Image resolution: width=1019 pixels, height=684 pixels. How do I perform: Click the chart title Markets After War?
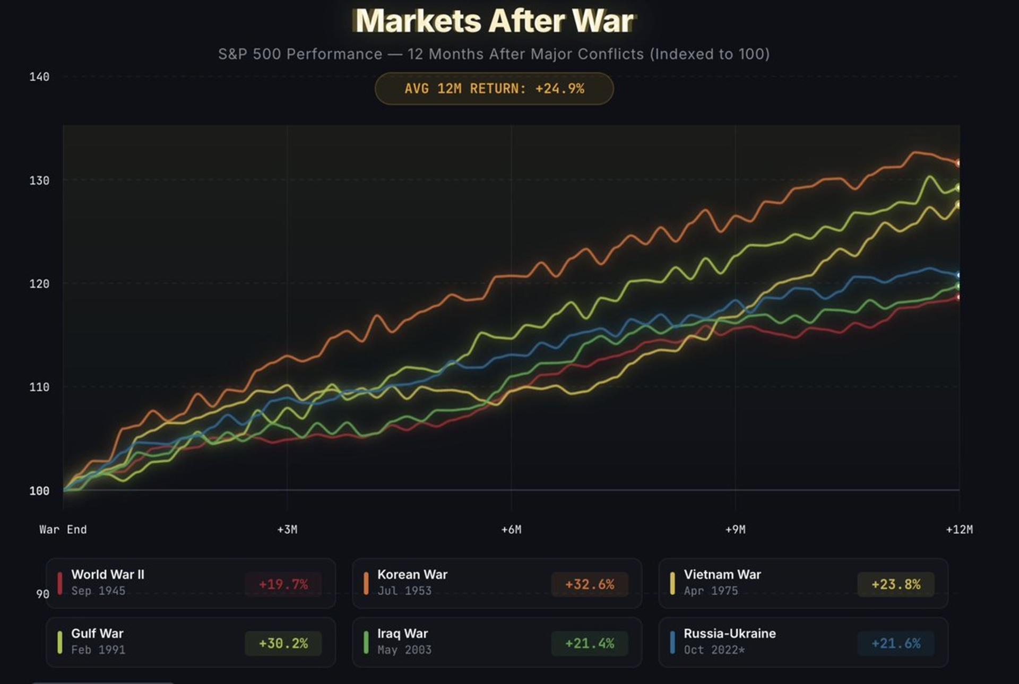(x=494, y=21)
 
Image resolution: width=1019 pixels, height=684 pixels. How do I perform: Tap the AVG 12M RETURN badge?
(x=494, y=89)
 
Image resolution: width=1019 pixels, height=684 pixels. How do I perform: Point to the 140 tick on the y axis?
(x=39, y=77)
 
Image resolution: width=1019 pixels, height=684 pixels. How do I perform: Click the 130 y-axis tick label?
(x=39, y=180)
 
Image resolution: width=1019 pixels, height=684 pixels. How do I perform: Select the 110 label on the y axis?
(x=39, y=387)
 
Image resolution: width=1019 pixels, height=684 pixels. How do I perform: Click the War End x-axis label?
(x=63, y=529)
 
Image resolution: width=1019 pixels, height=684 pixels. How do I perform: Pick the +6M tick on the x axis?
(x=511, y=529)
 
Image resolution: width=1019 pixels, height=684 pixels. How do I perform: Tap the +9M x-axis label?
(x=735, y=529)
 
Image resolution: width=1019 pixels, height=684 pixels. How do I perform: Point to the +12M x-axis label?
(x=959, y=529)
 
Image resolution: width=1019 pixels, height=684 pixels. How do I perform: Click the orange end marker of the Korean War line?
(x=958, y=163)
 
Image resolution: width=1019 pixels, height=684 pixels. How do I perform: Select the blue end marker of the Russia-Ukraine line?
(x=958, y=275)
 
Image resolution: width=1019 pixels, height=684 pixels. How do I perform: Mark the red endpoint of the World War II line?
(x=958, y=297)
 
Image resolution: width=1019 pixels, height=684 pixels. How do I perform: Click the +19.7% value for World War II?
(x=283, y=584)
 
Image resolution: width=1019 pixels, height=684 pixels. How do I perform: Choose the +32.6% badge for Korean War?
(x=590, y=584)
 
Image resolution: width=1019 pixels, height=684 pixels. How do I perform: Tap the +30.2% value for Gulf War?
(x=283, y=643)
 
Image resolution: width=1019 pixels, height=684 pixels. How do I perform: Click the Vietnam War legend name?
(x=722, y=574)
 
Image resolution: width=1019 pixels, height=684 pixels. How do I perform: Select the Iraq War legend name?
(x=402, y=633)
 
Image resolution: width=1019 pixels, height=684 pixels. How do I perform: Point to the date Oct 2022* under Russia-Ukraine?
(x=714, y=650)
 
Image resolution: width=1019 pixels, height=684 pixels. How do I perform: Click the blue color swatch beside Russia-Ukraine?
(x=672, y=642)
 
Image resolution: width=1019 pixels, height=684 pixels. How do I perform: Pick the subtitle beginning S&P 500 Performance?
(x=494, y=54)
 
